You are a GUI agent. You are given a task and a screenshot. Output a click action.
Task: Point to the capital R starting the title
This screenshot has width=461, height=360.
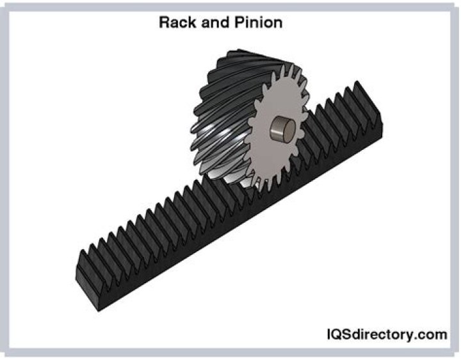click(x=164, y=23)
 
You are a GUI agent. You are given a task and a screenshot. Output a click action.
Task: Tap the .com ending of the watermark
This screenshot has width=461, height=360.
click(x=430, y=334)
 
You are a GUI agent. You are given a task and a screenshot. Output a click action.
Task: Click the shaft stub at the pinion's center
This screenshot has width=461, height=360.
click(x=282, y=131)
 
